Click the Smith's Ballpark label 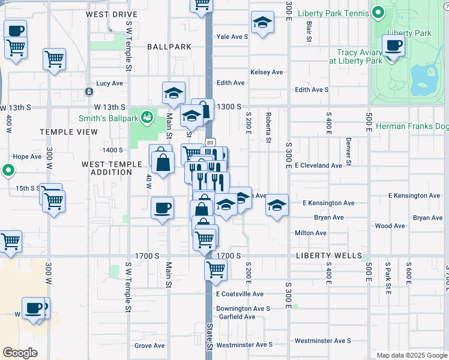(x=108, y=118)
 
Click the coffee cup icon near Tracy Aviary (x=394, y=45)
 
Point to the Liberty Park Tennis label (x=337, y=12)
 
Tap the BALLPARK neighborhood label (x=169, y=46)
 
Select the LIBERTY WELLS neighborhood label (x=327, y=255)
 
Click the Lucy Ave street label (x=109, y=83)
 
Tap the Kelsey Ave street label (x=267, y=72)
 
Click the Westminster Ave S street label (x=244, y=345)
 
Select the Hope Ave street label (x=27, y=157)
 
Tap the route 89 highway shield (x=209, y=142)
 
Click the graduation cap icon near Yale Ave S (x=262, y=23)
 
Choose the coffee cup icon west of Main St (x=162, y=208)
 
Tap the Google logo (x=20, y=353)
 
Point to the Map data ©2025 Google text (x=411, y=355)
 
